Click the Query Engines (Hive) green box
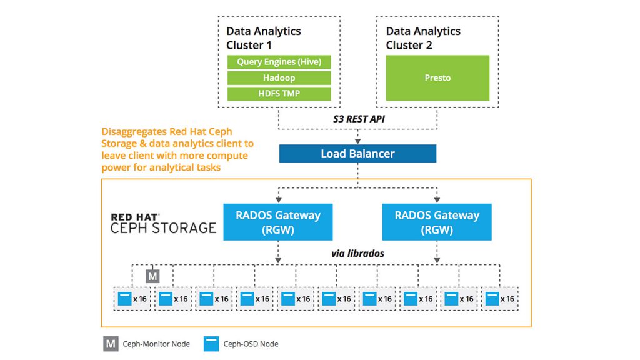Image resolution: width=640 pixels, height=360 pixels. pos(278,62)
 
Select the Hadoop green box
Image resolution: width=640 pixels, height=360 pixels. pos(278,78)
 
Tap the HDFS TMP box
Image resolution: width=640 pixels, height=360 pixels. pos(278,94)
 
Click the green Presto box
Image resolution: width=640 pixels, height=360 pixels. pos(437,78)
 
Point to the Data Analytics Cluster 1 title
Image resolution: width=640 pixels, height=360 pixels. pos(263,38)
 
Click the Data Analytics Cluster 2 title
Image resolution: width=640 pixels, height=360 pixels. pos(423,38)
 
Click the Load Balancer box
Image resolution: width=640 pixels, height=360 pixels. pos(357,154)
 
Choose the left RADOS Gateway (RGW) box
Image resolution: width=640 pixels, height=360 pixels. pos(278,222)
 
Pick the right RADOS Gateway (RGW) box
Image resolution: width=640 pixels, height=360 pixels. pos(437,222)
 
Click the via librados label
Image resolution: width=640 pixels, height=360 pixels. pos(358,254)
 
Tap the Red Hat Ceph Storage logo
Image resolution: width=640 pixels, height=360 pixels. pos(163,223)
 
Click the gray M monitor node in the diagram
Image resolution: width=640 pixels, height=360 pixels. pos(152,275)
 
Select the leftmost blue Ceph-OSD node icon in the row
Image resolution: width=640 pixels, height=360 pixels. pos(124,298)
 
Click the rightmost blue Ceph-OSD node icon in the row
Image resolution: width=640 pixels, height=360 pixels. pos(492,298)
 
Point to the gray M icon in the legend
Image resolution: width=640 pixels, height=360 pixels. pos(111,343)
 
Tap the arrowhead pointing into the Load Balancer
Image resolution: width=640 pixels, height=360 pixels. pos(357,141)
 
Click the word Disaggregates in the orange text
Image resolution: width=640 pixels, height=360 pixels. pos(133,132)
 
